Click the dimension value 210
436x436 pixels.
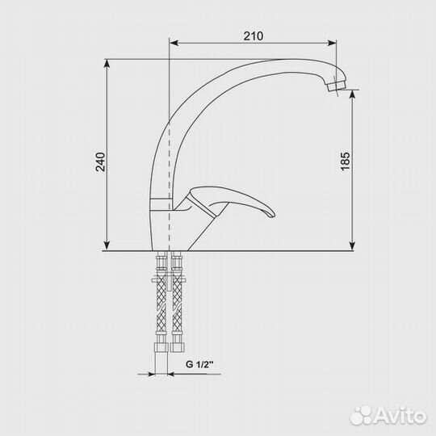coord(254,36)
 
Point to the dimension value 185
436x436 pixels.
coord(346,160)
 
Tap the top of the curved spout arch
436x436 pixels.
coord(258,61)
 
